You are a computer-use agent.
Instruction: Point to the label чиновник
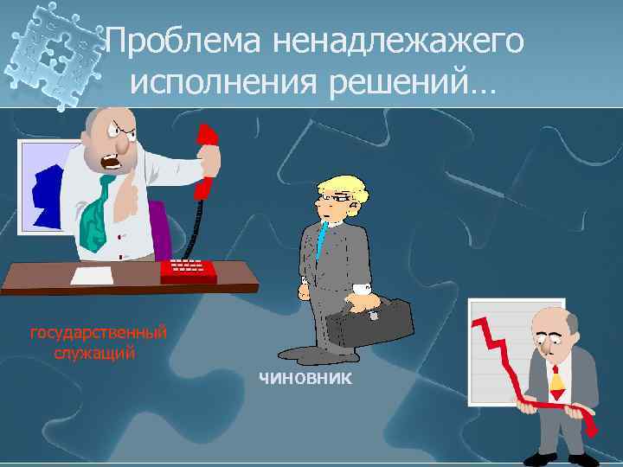tap(305, 378)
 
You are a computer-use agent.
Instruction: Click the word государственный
tap(99, 332)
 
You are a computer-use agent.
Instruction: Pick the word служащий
tap(94, 353)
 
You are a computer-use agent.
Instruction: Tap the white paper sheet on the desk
tap(91, 277)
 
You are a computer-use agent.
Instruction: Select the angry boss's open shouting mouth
tap(113, 161)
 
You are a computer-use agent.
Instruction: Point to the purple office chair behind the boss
tap(161, 230)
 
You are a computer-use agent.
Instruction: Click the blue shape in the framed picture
tap(48, 195)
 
